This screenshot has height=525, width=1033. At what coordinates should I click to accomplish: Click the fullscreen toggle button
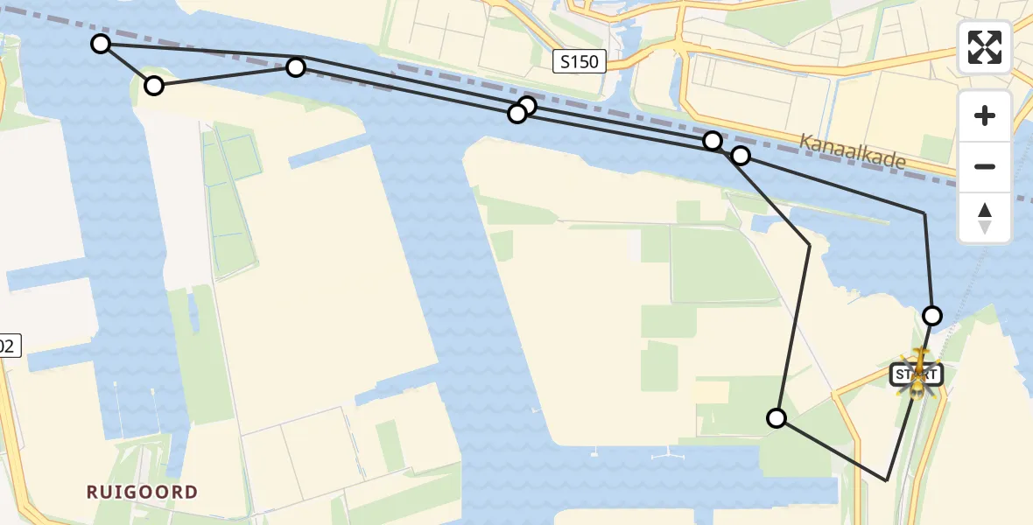click(985, 47)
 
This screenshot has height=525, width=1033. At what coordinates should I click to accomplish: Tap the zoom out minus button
click(985, 166)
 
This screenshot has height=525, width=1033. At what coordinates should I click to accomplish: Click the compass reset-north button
click(985, 218)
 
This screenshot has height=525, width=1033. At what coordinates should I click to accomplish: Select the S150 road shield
click(580, 61)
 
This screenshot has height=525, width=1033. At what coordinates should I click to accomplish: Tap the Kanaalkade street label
click(852, 151)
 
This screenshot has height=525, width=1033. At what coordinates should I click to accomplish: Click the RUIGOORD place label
click(142, 492)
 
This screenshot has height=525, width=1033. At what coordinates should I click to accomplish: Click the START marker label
click(916, 375)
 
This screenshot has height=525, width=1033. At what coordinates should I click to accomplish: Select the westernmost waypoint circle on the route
click(101, 44)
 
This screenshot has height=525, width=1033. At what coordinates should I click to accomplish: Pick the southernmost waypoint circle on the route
click(777, 418)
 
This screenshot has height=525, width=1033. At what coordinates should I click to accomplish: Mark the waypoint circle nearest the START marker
click(932, 315)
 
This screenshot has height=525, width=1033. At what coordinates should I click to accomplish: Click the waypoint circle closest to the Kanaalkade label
click(741, 156)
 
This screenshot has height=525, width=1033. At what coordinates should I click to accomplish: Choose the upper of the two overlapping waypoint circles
click(527, 107)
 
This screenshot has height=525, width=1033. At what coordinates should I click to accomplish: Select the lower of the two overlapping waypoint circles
click(517, 113)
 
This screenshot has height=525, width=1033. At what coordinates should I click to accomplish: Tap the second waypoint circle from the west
click(154, 85)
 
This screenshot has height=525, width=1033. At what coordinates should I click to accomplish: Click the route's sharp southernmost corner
click(887, 480)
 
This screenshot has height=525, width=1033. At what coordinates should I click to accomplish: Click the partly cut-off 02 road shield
click(7, 346)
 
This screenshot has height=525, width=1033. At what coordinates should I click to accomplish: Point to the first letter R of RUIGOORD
click(92, 492)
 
